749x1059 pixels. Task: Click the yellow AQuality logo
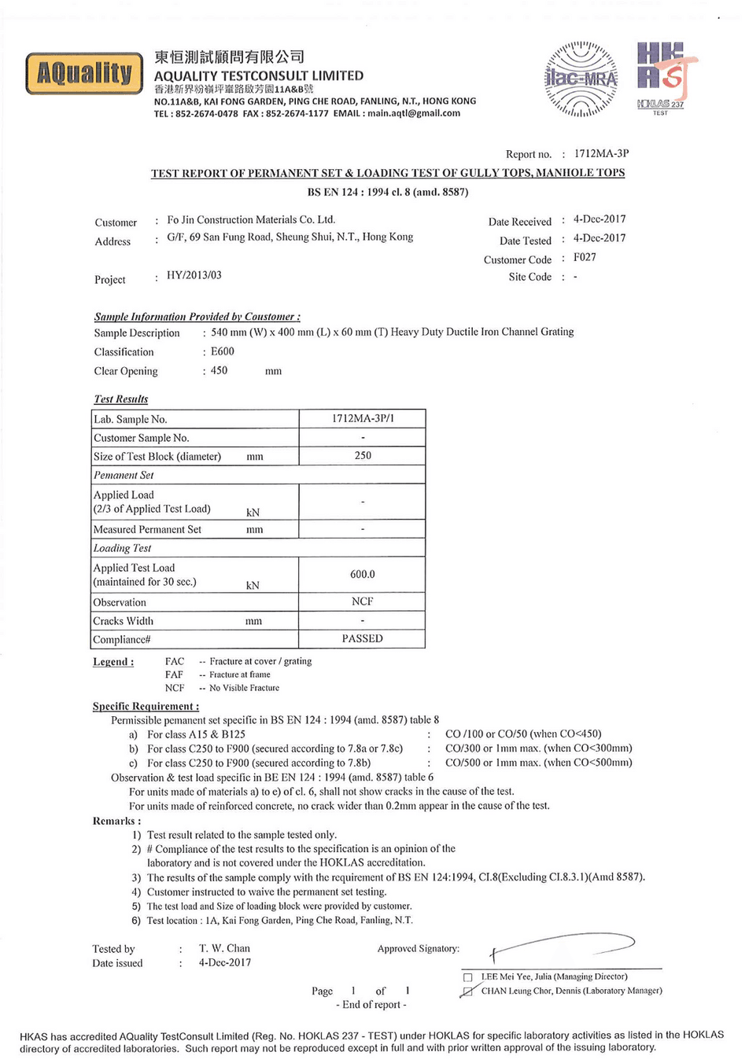tap(84, 74)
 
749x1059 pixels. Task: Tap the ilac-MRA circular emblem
tap(581, 79)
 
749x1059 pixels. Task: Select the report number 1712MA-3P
tap(601, 154)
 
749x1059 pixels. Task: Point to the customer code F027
tap(585, 257)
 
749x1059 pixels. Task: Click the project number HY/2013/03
tap(194, 275)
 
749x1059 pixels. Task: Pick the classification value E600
tap(223, 351)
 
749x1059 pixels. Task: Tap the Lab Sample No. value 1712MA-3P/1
tap(363, 418)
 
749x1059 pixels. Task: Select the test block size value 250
tap(363, 455)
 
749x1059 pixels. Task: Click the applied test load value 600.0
tap(363, 574)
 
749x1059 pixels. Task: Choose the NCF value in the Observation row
tap(363, 601)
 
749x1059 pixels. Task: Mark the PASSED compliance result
tap(363, 638)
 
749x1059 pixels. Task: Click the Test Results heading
tap(121, 399)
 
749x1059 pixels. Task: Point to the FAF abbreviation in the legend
tap(174, 675)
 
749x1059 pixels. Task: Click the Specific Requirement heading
tap(146, 706)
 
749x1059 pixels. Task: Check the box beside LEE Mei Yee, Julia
tap(468, 977)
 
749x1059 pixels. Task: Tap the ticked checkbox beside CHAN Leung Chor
tap(468, 991)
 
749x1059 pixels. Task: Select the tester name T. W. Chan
tap(224, 948)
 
